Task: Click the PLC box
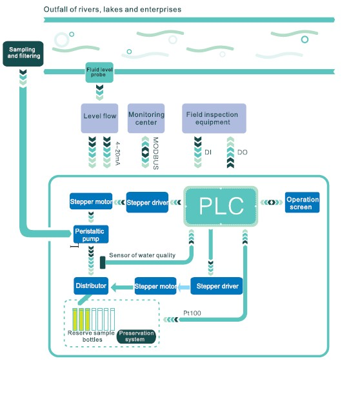pos(221,206)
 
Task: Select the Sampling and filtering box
pos(23,54)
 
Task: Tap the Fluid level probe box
pos(99,72)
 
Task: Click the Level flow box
pos(99,118)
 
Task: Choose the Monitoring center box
pos(146,118)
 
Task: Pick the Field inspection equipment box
pos(214,118)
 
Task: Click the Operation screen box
pos(302,203)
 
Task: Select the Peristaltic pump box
pos(91,234)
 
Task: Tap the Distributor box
pos(91,286)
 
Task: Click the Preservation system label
pos(136,337)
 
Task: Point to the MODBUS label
pos(155,153)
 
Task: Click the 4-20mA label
pos(117,153)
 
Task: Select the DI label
pos(208,152)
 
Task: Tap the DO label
pos(243,152)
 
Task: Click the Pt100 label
pos(192,313)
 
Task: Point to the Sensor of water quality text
pos(142,255)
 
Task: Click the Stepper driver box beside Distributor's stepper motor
pos(217,286)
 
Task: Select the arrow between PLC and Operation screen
pos(271,202)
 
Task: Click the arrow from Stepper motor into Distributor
pos(122,287)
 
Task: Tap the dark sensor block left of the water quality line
pos(103,262)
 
